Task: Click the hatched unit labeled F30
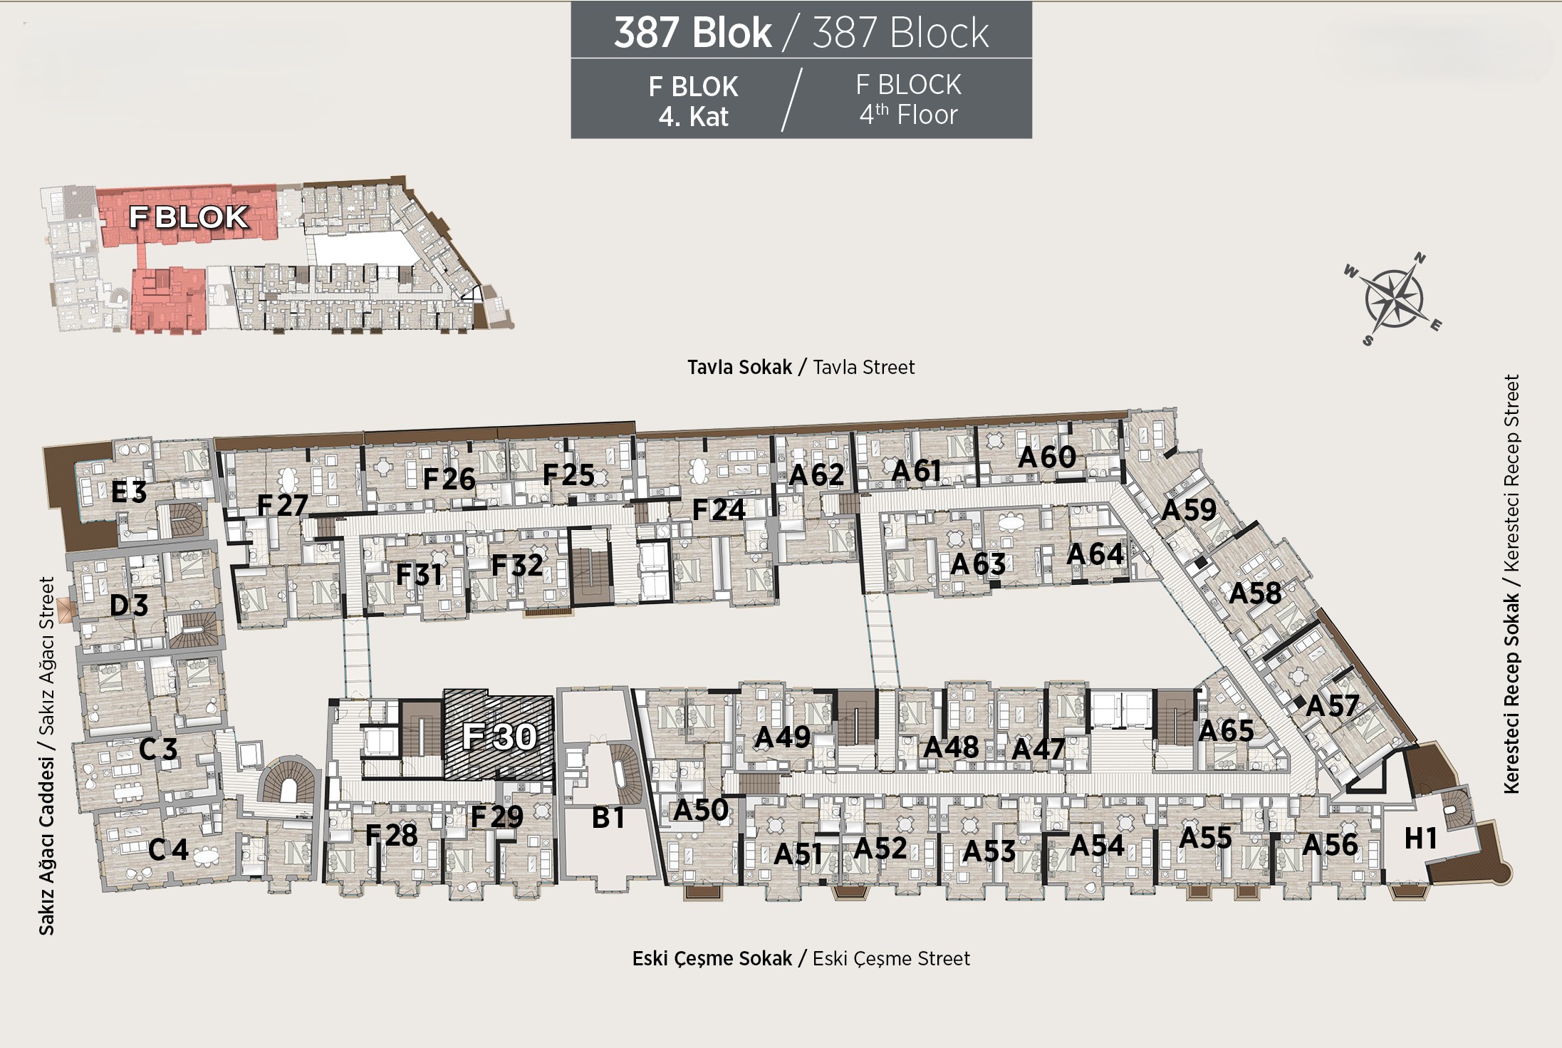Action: click(x=499, y=735)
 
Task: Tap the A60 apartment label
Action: click(x=1046, y=457)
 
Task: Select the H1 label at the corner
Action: click(x=1420, y=839)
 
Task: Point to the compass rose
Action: click(x=1392, y=298)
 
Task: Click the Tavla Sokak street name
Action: click(x=739, y=367)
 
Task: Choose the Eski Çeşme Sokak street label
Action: click(x=712, y=959)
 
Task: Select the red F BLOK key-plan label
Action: click(x=189, y=217)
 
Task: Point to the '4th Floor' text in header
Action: click(x=908, y=115)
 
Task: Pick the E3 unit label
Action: click(x=129, y=492)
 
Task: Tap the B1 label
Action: click(x=608, y=818)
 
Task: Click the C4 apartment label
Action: click(x=168, y=849)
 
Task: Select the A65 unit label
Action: click(x=1226, y=731)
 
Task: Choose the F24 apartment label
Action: click(x=719, y=510)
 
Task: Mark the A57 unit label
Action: click(x=1332, y=706)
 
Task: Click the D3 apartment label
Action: click(x=129, y=606)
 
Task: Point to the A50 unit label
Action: click(x=701, y=810)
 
